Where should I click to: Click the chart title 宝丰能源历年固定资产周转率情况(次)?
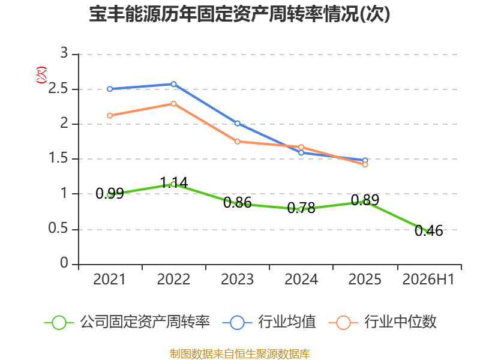point(239,14)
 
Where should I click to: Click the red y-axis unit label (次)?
point(41,75)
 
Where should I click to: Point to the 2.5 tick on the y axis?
point(58,89)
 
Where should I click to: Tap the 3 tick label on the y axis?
point(64,53)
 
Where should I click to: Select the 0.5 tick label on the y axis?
point(58,229)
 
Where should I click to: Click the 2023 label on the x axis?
point(237,279)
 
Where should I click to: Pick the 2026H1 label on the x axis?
point(428,279)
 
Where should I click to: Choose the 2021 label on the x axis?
point(110,279)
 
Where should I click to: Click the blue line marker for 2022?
point(173,84)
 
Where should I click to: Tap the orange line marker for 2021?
point(110,116)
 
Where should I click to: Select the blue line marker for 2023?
point(237,124)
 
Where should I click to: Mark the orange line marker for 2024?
point(301,147)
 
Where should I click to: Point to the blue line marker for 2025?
point(365,160)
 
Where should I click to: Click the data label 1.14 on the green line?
point(174,183)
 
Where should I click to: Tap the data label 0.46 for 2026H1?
point(429,231)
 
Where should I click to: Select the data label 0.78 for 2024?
point(301,208)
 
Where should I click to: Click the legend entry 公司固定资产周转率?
point(127,322)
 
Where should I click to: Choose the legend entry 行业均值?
point(269,322)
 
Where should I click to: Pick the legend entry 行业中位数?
point(383,322)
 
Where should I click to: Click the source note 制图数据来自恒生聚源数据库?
point(240,354)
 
